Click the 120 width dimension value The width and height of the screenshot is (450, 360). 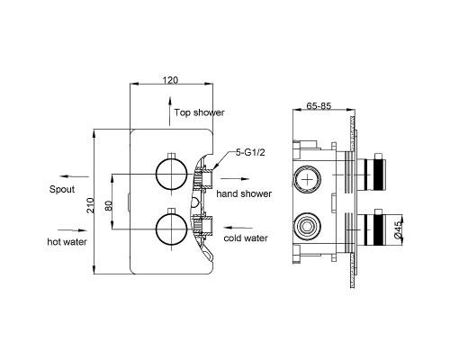pos(170,80)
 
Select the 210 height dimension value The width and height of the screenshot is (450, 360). pos(90,205)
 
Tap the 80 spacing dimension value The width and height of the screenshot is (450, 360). pos(109,205)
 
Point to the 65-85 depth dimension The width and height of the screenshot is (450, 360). pos(319,106)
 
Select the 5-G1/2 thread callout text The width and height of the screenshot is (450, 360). pos(250,153)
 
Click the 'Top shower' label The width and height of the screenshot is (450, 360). pos(200,112)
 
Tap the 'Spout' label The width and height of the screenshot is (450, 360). pos(62,189)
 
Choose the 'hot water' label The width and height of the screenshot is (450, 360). pos(67,241)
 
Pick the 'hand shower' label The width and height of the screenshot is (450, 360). pos(244,193)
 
